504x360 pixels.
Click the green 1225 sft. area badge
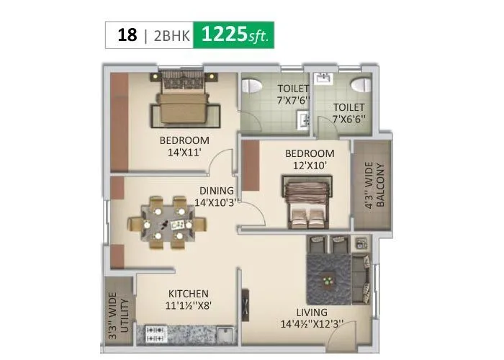[x=235, y=35]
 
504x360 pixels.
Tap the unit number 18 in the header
[x=127, y=35]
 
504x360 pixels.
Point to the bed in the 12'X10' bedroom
[x=307, y=202]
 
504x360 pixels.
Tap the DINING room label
[x=217, y=191]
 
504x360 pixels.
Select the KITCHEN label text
[x=189, y=293]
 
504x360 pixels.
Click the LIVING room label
[x=312, y=312]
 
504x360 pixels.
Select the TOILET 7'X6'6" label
[x=348, y=112]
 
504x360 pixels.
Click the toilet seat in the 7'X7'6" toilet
[x=251, y=85]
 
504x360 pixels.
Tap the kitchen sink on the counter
[x=224, y=333]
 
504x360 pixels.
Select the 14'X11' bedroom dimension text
[x=184, y=153]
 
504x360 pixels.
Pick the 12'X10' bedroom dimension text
[x=310, y=165]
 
